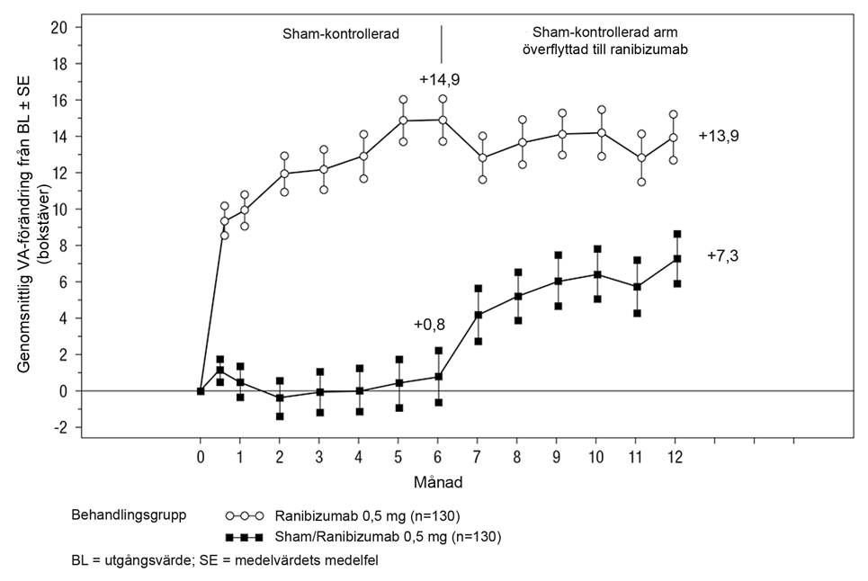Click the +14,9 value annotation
coord(440,79)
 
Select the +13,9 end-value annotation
coord(718,135)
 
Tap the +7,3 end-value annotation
coord(722,256)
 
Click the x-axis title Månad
coord(439,482)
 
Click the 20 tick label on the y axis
coord(60,27)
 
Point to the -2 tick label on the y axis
coord(62,427)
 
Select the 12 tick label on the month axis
coord(676,456)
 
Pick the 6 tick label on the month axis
coord(439,456)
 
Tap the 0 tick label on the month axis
coord(201,456)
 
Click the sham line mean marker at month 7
coord(479,315)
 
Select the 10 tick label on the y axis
coord(60,209)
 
